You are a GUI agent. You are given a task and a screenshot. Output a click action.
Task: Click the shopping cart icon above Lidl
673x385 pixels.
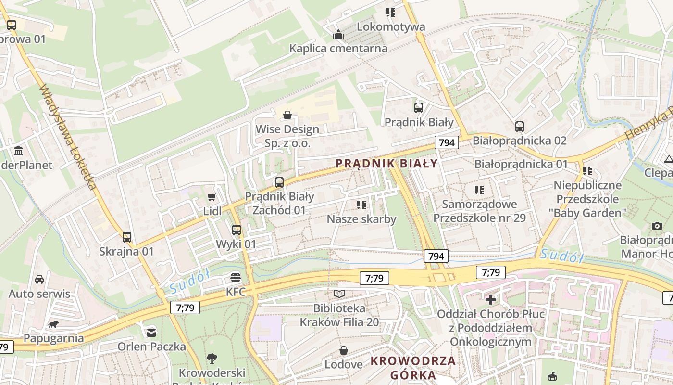pos(212,197)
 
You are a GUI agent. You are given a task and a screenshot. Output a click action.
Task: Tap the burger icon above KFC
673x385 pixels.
pos(235,277)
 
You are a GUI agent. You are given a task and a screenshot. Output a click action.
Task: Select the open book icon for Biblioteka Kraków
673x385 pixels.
pos(339,294)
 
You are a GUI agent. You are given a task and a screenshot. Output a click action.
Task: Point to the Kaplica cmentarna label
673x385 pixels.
pos(338,48)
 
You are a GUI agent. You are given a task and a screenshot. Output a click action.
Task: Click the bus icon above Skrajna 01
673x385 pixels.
pos(126,237)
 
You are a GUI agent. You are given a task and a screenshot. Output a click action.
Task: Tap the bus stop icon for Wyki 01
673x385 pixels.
pos(236,230)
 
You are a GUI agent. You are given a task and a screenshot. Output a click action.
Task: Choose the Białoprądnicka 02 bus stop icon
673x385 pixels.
pos(519,127)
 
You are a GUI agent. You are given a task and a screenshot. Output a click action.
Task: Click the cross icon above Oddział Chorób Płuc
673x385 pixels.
pos(490,300)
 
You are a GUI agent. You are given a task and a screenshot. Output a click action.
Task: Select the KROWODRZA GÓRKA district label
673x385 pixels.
pos(413,368)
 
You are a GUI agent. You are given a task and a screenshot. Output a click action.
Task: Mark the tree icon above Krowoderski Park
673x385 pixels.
pos(212,358)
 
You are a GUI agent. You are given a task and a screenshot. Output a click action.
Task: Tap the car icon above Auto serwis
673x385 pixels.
pos(39,279)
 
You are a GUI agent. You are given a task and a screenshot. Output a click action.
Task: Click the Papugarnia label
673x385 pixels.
pos(53,338)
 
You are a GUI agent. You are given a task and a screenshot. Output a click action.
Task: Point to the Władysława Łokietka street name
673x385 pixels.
pos(68,137)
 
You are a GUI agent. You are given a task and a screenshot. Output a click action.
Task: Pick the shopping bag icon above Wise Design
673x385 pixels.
pos(287,115)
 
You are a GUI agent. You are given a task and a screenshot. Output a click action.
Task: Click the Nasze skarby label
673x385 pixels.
pos(361,219)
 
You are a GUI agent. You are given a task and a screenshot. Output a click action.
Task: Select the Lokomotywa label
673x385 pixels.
pos(391,26)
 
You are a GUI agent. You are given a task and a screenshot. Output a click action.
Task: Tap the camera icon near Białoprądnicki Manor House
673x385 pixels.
pos(657,226)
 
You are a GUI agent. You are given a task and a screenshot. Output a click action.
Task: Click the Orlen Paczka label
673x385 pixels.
pos(151,346)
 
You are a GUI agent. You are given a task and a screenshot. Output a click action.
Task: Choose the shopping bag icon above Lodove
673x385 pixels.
pos(343,350)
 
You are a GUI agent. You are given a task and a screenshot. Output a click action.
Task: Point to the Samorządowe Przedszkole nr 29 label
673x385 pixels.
pos(479,211)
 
